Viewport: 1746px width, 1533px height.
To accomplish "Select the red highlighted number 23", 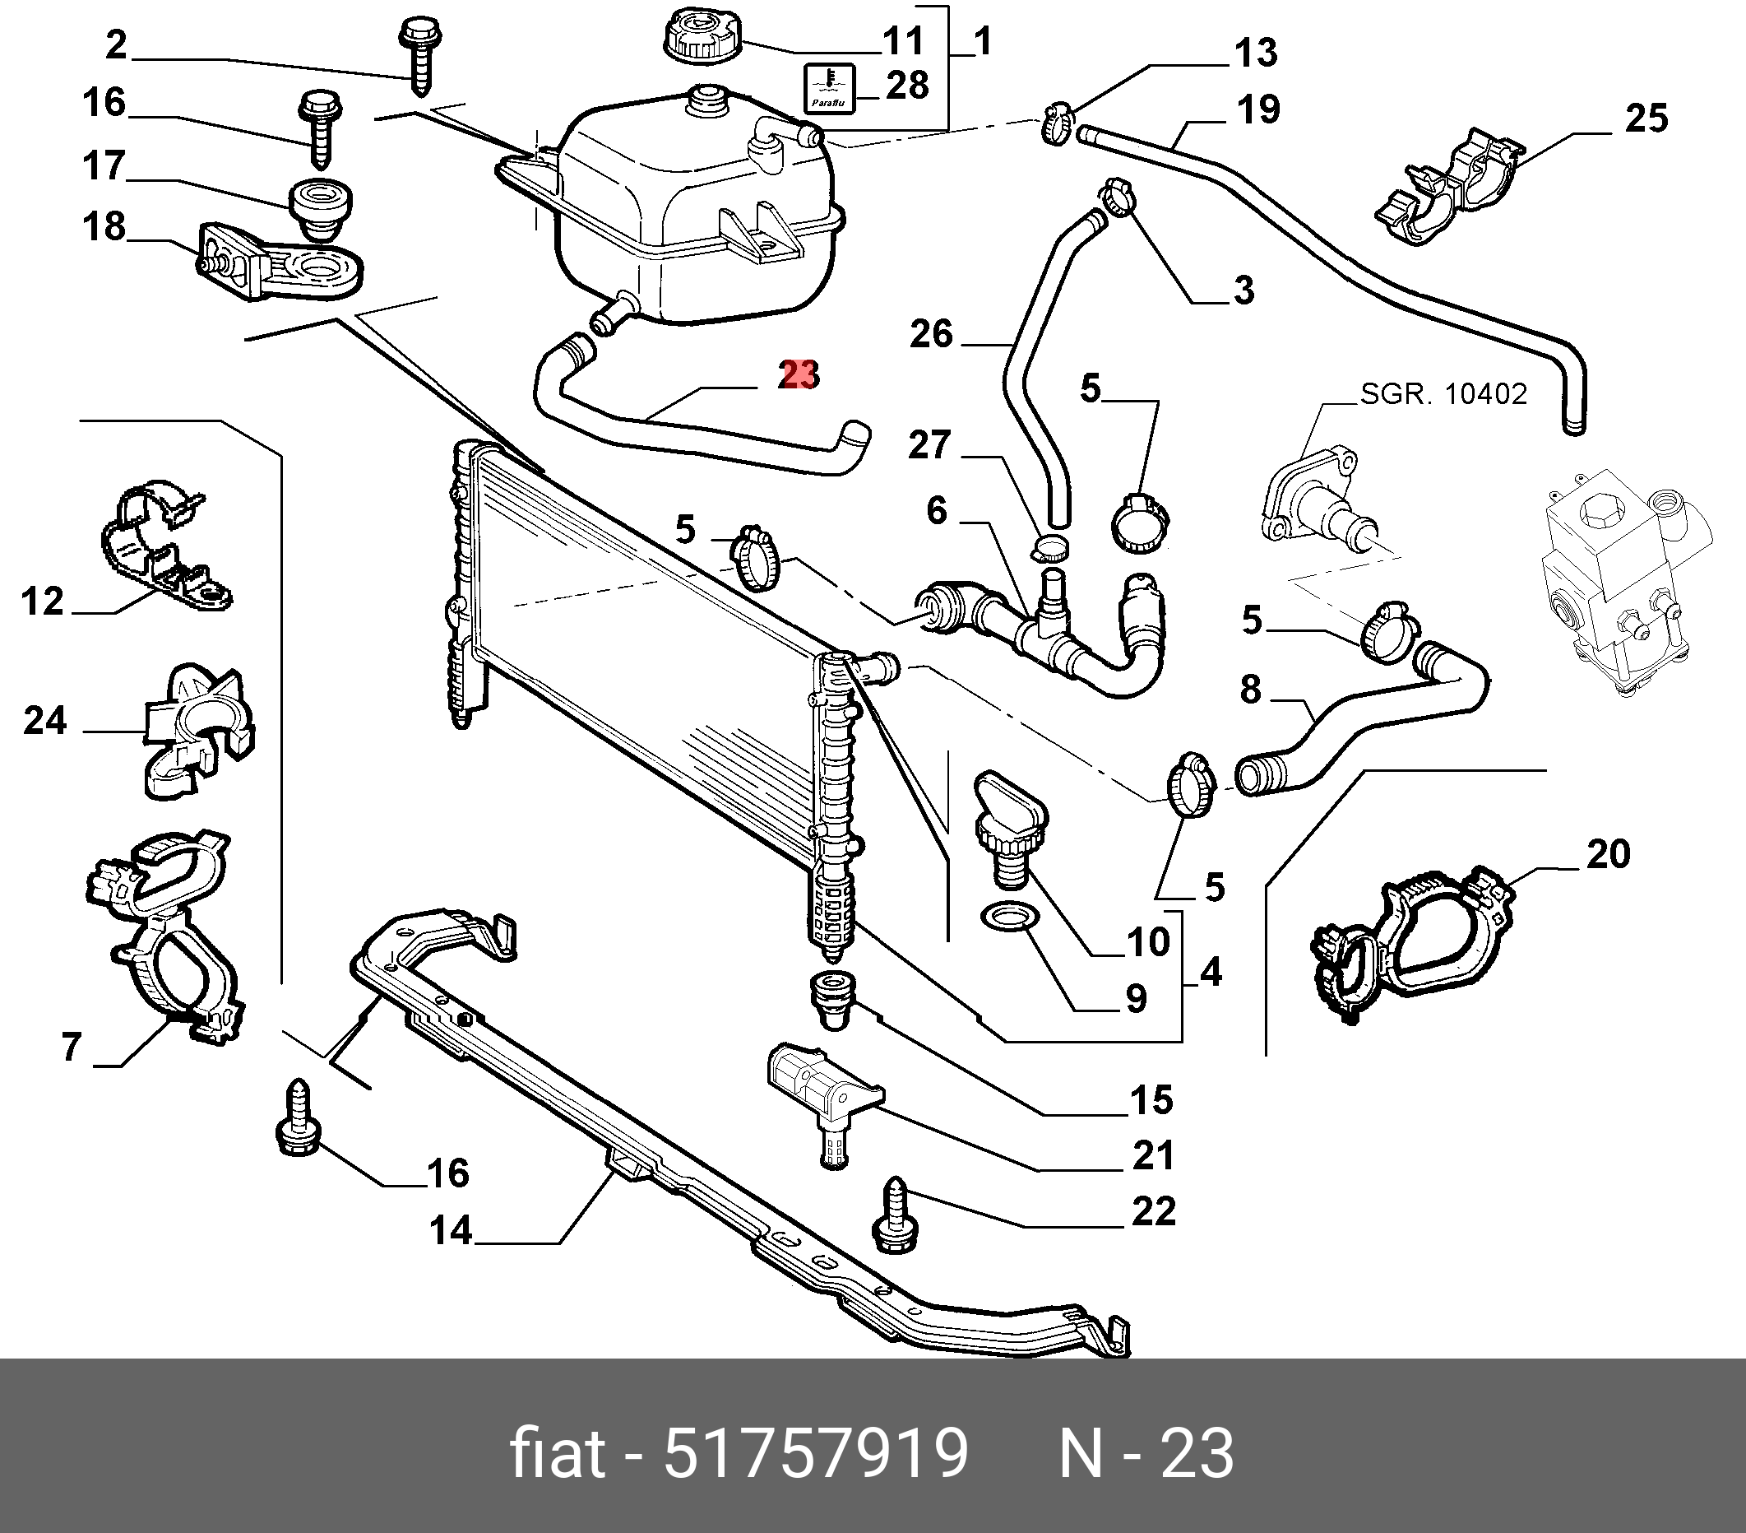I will [x=799, y=375].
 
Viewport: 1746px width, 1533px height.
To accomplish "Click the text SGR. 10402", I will [x=1443, y=394].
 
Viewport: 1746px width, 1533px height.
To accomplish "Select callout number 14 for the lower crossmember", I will [x=451, y=1230].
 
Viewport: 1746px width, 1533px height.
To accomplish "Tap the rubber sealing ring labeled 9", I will [x=1008, y=918].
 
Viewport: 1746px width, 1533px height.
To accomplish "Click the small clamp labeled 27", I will [x=1052, y=547].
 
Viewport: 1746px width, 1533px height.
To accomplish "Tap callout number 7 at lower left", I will [x=72, y=1046].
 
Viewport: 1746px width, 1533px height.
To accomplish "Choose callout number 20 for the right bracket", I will [x=1609, y=854].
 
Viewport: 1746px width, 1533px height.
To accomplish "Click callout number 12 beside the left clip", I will [x=43, y=602].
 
